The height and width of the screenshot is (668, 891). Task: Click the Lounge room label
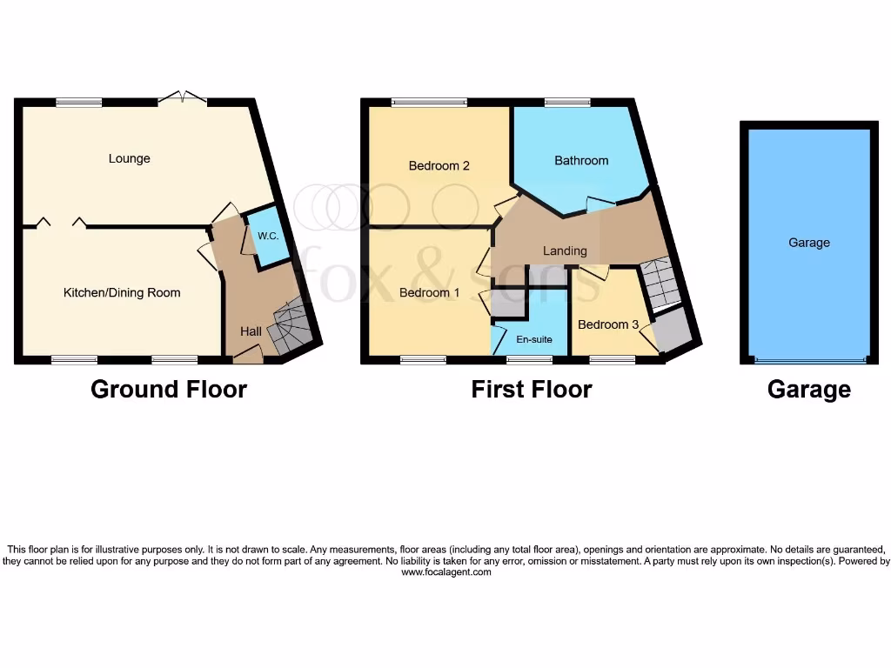pos(129,158)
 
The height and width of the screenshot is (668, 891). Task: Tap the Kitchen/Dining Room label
pos(122,292)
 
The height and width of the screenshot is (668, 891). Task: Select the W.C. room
pos(265,236)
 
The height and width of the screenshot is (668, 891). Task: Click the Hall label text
pos(251,331)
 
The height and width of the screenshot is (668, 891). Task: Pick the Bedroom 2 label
pos(439,165)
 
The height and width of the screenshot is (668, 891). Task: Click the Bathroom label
pos(581,160)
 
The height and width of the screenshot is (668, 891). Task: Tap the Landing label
pos(565,250)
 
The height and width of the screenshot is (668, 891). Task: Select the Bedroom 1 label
pos(430,292)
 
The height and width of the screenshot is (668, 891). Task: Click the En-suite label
pos(534,339)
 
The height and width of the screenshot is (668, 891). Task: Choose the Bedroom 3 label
pos(602,324)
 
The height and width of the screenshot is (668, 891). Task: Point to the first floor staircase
pos(659,283)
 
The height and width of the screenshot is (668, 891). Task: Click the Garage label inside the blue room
pos(809,243)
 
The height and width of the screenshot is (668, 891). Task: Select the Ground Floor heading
pos(169,389)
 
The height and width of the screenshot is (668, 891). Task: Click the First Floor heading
pos(532,389)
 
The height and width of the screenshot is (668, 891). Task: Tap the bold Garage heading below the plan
pos(809,389)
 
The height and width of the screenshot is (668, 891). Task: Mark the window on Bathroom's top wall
pos(567,103)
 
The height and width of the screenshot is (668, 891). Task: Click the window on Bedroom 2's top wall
pos(429,103)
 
